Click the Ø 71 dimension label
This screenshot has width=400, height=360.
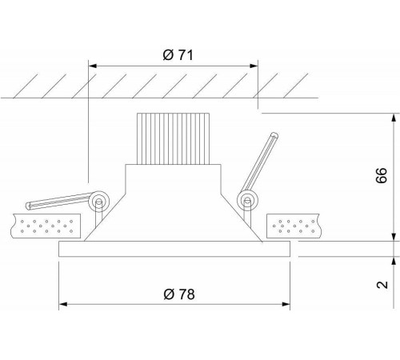(x=178, y=55)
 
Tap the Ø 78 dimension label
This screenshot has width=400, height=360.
(x=179, y=294)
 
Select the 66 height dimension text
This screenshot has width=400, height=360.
(x=382, y=175)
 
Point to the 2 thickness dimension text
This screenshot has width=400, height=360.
(x=382, y=285)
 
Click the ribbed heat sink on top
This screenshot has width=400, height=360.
(x=173, y=138)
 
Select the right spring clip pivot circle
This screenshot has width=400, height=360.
(x=247, y=201)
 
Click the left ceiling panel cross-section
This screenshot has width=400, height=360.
(x=46, y=226)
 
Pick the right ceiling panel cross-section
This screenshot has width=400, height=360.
(x=294, y=226)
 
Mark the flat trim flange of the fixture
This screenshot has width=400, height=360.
(x=174, y=249)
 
